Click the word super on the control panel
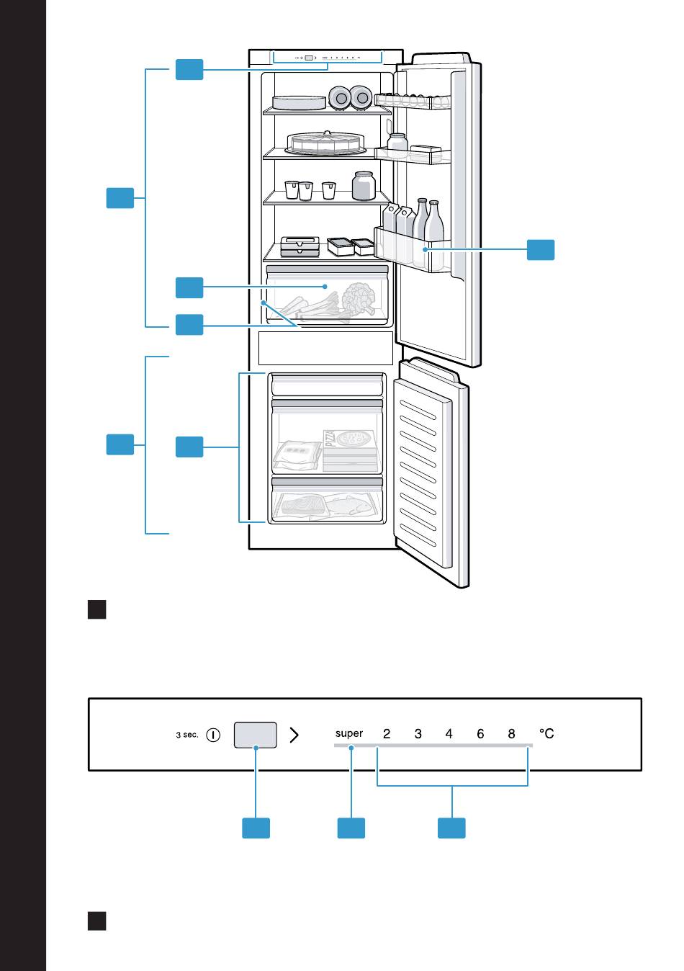348,733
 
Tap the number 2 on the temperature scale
387,734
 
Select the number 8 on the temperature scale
511,734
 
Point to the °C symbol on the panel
546,733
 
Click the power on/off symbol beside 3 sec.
212,735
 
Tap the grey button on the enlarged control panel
255,735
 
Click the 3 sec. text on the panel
186,735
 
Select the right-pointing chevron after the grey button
294,735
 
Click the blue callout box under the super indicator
351,828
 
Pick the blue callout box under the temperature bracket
451,828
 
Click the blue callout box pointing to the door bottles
540,250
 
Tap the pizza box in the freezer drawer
350,450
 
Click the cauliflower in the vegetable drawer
359,298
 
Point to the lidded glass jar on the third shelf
364,186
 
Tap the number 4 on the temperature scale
449,734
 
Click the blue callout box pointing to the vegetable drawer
189,287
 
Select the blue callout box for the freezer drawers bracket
189,447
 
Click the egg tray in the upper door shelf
413,101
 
